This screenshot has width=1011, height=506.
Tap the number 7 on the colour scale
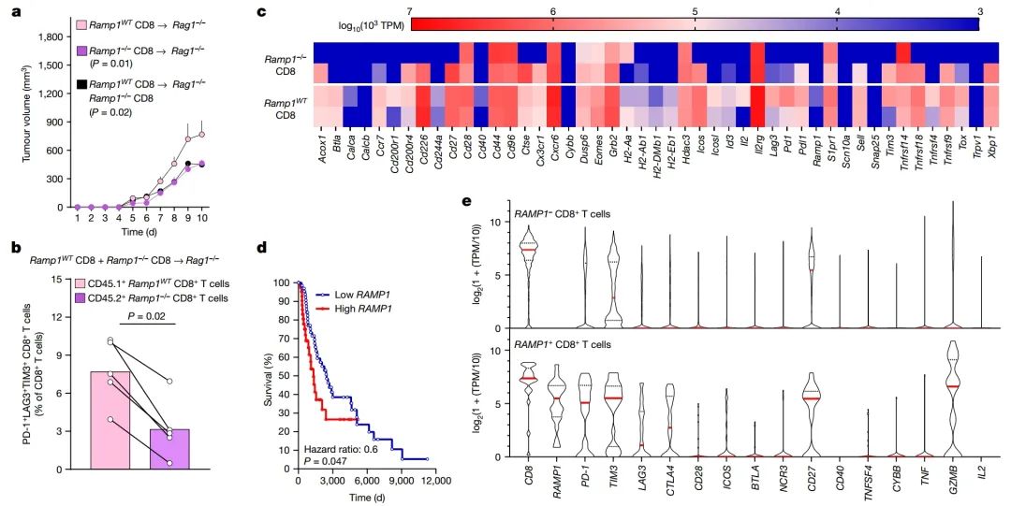(x=410, y=9)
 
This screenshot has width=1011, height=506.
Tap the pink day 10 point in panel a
(x=201, y=134)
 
